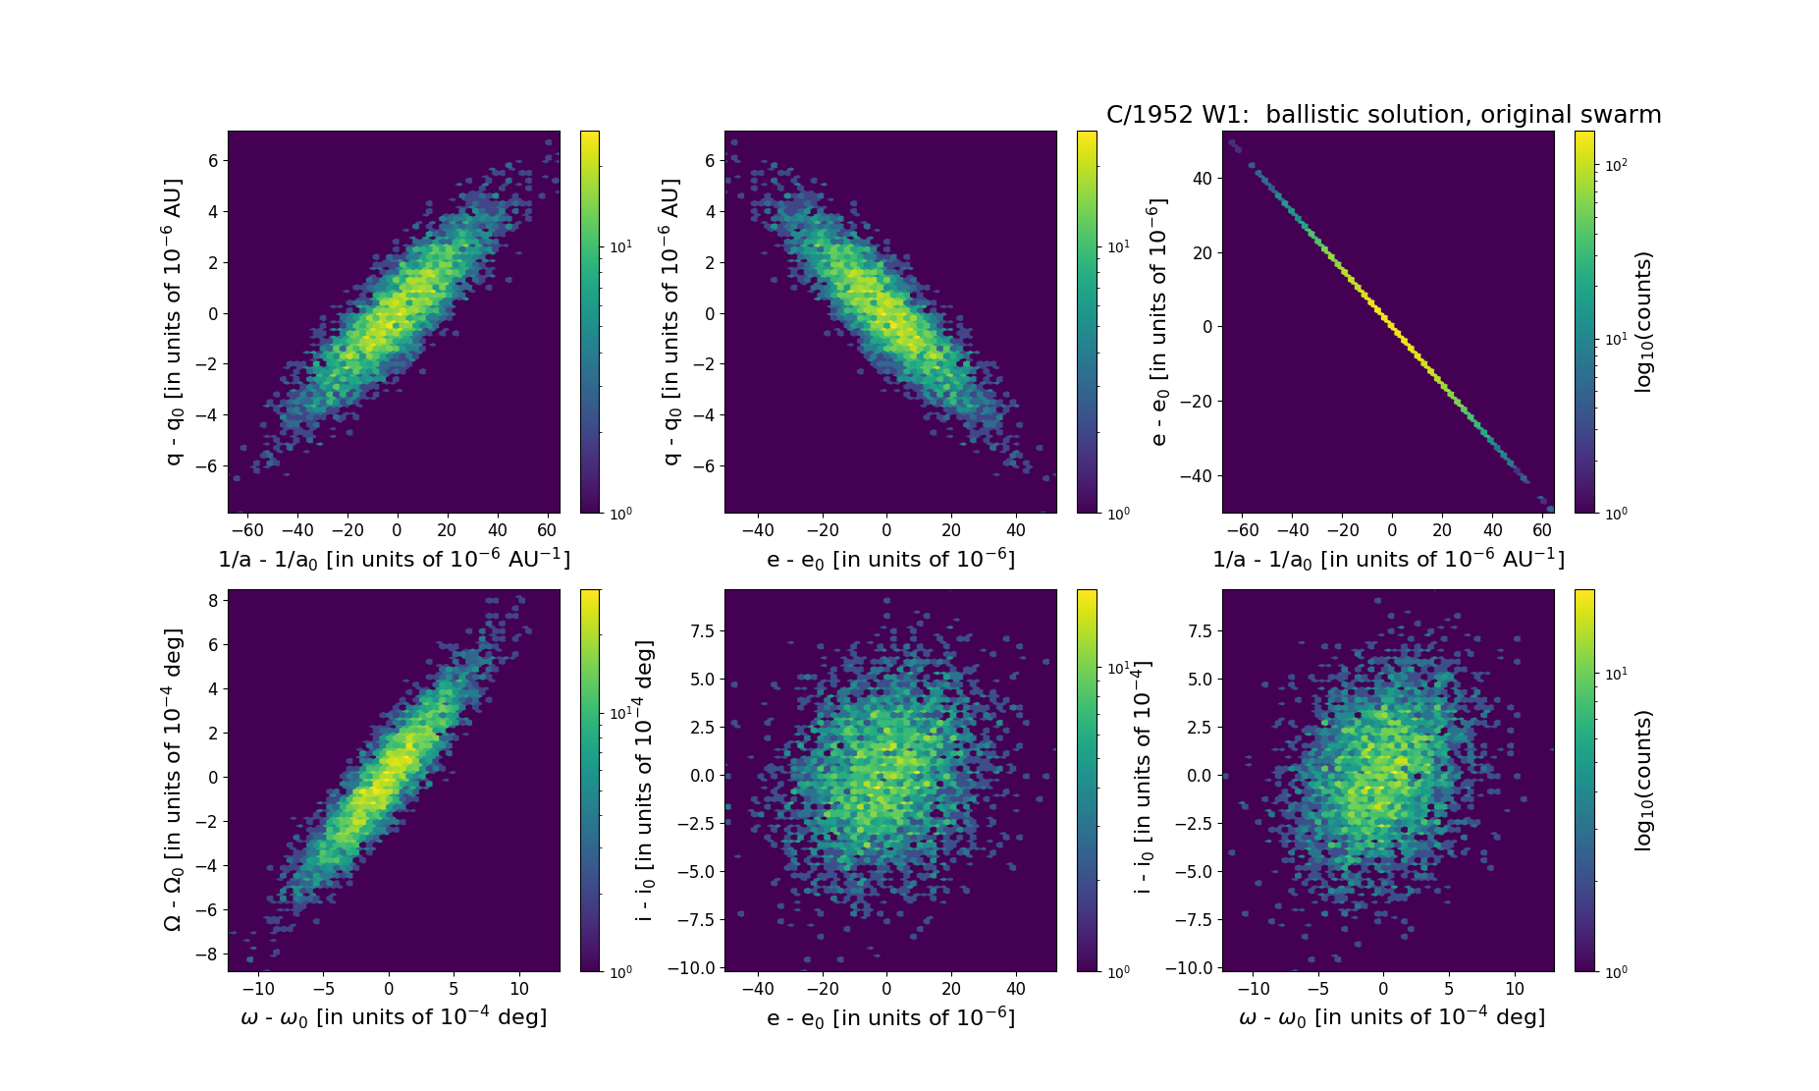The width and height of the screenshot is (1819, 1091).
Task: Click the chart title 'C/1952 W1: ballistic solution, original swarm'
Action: pyautogui.click(x=1383, y=115)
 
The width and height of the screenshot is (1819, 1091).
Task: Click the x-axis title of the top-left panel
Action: pyautogui.click(x=394, y=559)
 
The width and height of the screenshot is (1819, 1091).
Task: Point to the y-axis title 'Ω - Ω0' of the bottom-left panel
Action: pyautogui.click(x=173, y=780)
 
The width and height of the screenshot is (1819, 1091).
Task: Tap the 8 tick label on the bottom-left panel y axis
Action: pyautogui.click(x=212, y=601)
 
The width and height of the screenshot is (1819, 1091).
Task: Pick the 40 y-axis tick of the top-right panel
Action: pyautogui.click(x=1202, y=178)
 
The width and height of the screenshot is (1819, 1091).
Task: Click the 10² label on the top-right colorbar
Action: pyautogui.click(x=1616, y=165)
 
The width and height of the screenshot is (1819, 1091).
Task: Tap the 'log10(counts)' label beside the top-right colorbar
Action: pyautogui.click(x=1643, y=322)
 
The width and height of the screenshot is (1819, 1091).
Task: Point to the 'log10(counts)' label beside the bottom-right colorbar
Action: pyautogui.click(x=1643, y=781)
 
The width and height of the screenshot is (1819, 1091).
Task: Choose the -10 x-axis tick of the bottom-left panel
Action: pyautogui.click(x=259, y=989)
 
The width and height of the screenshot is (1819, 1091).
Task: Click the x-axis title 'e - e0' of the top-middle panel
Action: pyautogui.click(x=890, y=559)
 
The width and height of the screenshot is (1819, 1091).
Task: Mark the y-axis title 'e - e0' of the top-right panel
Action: pyautogui.click(x=1158, y=322)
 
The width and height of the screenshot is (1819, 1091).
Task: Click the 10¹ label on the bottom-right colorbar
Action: pyautogui.click(x=1616, y=674)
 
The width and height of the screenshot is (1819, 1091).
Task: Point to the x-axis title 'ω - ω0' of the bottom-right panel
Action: pyautogui.click(x=1392, y=1017)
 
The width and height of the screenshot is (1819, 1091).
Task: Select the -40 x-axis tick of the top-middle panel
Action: pyautogui.click(x=757, y=530)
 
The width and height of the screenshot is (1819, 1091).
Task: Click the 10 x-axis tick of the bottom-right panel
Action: pyautogui.click(x=1515, y=989)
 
